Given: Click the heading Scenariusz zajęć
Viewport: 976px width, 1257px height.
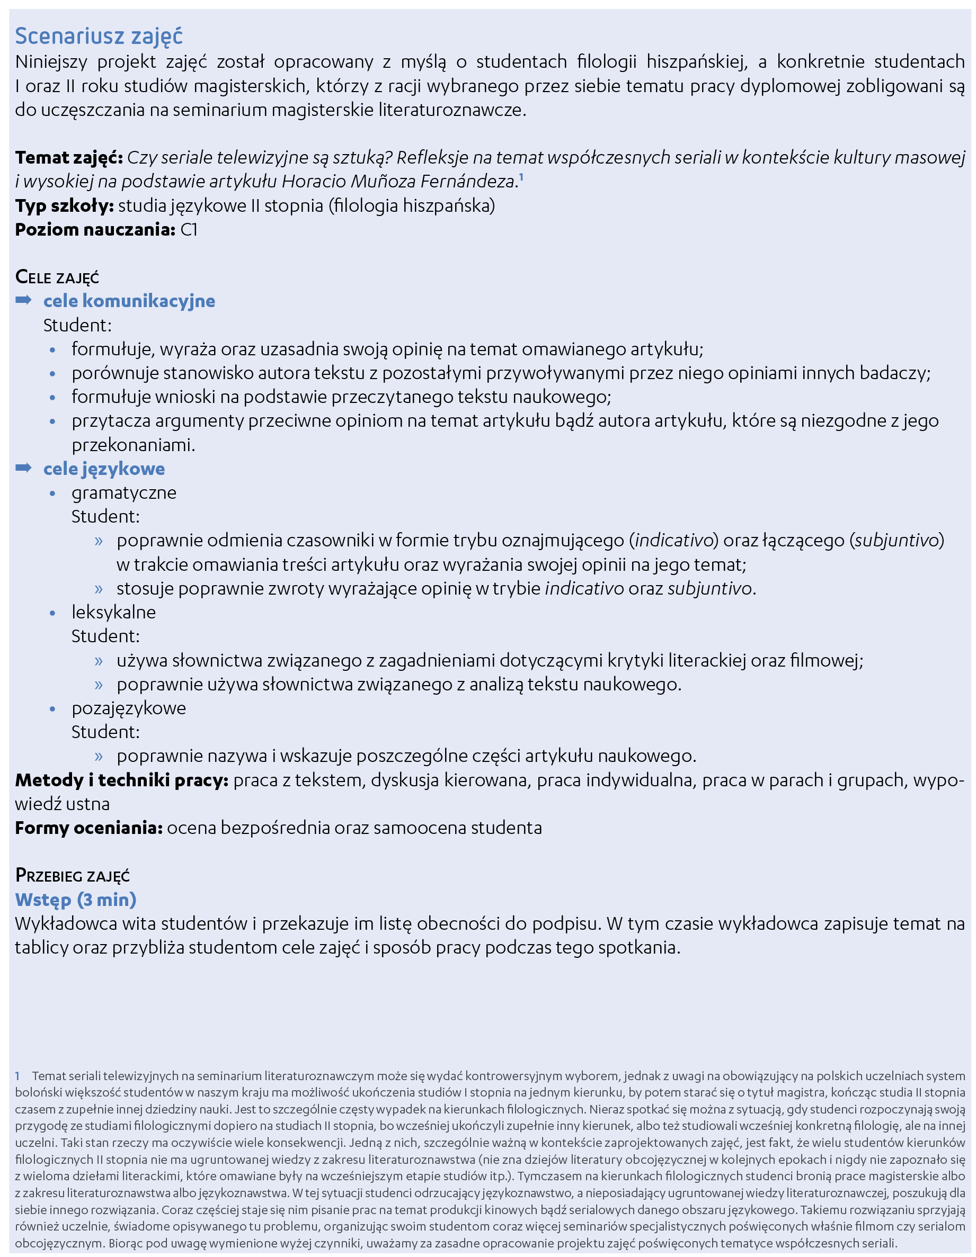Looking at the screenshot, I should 99,36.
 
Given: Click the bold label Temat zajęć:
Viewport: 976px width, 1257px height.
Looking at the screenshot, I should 68,157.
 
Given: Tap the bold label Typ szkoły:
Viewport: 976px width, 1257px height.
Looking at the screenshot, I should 65,205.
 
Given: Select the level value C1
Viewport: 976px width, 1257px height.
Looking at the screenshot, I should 189,230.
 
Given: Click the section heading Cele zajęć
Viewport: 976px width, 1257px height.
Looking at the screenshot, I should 57,277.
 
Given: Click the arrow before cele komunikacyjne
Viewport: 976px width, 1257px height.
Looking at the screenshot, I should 24,300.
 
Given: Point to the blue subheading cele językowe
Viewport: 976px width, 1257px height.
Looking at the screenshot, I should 104,469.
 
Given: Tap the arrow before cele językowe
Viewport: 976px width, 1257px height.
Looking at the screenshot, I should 24,468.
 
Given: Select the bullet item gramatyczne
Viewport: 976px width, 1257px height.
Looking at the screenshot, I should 124,492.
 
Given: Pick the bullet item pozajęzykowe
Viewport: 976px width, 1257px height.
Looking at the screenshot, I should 128,708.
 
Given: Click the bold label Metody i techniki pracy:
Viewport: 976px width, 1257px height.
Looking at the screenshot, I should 121,780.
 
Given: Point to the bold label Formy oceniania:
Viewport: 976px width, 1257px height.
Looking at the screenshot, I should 88,828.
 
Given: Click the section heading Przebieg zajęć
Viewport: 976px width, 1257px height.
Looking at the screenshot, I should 73,875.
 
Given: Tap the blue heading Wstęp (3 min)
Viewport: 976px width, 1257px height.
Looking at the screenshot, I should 75,900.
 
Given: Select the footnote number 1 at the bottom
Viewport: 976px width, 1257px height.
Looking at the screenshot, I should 18,1076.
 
